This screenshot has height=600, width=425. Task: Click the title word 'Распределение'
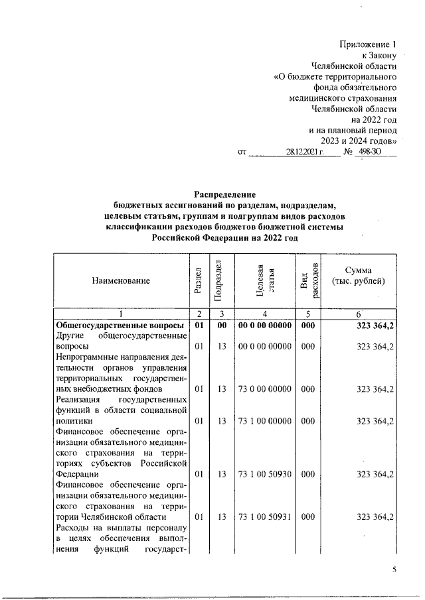point(224,194)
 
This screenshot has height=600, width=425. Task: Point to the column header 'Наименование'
point(121,280)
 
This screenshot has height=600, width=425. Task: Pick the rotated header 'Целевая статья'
point(265,280)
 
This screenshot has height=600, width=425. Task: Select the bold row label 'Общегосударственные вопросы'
point(120,326)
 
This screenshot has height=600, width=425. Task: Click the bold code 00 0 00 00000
point(265,326)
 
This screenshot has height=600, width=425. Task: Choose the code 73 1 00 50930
point(265,474)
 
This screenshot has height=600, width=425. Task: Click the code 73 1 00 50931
point(265,516)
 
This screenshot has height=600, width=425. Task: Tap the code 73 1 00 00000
point(265,421)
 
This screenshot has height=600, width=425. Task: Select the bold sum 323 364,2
point(375,326)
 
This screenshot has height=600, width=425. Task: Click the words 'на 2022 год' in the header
point(375,119)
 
